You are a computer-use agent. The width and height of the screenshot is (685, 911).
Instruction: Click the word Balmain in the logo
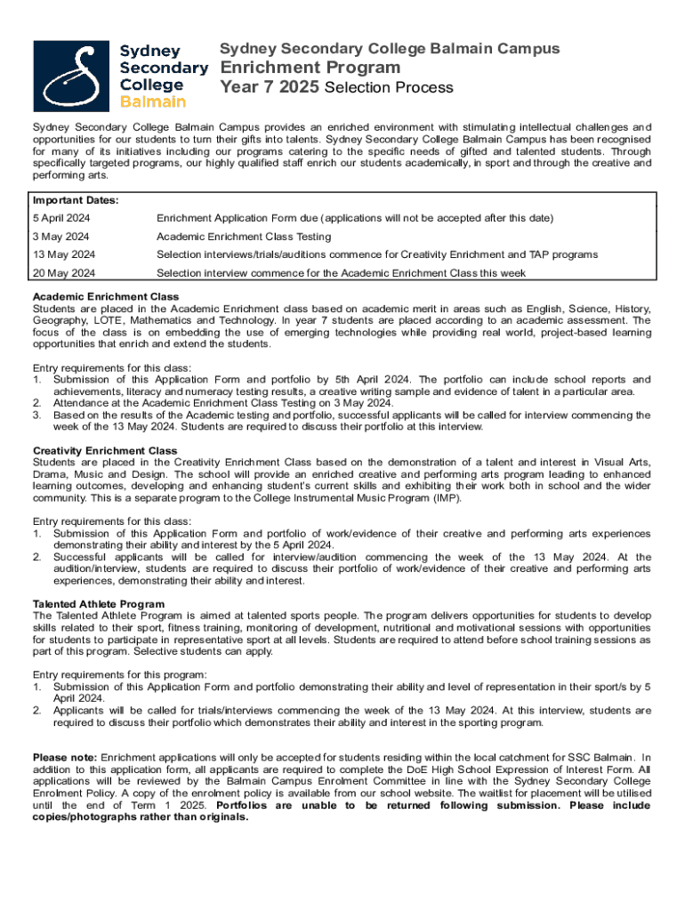(153, 101)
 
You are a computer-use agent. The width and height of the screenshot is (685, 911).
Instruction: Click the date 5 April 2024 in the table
(60, 218)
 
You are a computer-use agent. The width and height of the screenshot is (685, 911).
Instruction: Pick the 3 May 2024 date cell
(60, 237)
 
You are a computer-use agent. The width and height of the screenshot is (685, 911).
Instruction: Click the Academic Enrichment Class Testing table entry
(244, 237)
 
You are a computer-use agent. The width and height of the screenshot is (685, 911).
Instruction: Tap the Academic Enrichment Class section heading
(106, 296)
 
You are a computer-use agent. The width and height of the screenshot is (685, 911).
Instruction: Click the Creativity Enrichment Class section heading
(105, 451)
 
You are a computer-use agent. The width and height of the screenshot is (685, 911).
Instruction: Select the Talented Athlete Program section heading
(99, 604)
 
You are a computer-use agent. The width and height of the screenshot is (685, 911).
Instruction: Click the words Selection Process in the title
(389, 88)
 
